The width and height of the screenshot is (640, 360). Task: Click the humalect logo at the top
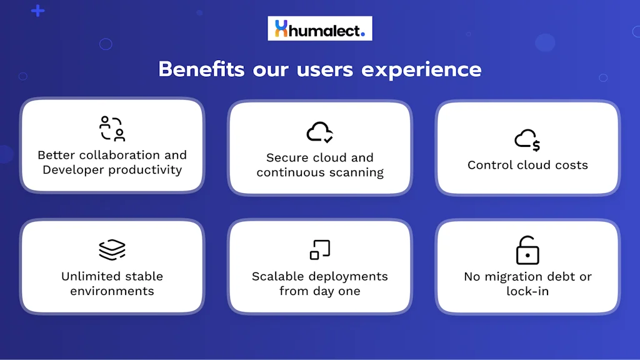(x=319, y=29)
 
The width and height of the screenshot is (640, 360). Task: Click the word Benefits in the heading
(x=201, y=69)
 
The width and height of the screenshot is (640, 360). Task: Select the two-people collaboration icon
(x=112, y=129)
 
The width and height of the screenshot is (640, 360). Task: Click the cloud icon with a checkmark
(x=319, y=132)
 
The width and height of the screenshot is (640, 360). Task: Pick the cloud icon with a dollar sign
(x=527, y=140)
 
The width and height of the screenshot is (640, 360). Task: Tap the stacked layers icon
(x=112, y=249)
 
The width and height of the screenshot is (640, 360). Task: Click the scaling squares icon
(x=319, y=249)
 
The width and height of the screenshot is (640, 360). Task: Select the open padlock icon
(x=527, y=250)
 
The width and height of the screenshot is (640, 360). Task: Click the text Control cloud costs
(x=527, y=166)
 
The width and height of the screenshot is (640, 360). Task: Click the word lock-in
(x=527, y=291)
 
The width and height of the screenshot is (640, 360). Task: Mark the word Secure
(x=287, y=157)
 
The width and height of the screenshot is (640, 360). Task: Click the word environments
(x=112, y=291)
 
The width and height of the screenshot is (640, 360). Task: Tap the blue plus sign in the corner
(x=38, y=11)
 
